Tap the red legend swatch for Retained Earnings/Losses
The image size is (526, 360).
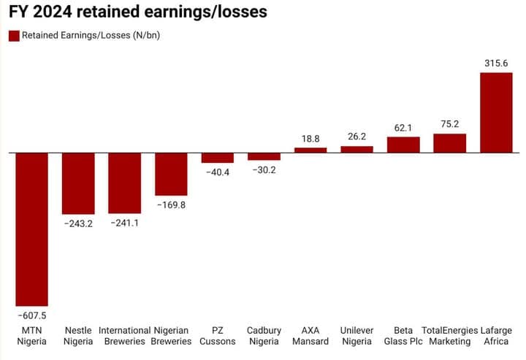pyautogui.click(x=14, y=36)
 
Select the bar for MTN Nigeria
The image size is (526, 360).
pyautogui.click(x=31, y=229)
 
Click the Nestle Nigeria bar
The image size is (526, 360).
pyautogui.click(x=78, y=183)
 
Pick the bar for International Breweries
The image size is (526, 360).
pyautogui.click(x=124, y=183)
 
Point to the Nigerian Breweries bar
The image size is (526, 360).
pyautogui.click(x=171, y=174)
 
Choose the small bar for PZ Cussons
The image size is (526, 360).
pyautogui.click(x=218, y=158)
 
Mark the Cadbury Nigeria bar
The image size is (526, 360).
pyautogui.click(x=264, y=156)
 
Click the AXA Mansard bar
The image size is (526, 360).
pyautogui.click(x=310, y=150)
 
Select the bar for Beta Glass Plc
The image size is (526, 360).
pyautogui.click(x=403, y=145)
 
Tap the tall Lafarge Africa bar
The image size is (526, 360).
pyautogui.click(x=496, y=112)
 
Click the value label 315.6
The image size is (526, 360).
pyautogui.click(x=496, y=64)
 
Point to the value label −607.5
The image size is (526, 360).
pyautogui.click(x=31, y=315)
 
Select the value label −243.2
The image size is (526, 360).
pyautogui.click(x=78, y=223)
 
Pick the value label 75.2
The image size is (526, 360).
pyautogui.click(x=449, y=123)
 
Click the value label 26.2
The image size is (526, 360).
pyautogui.click(x=357, y=136)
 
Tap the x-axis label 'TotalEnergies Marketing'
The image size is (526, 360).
pyautogui.click(x=449, y=335)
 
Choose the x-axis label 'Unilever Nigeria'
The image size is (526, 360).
pyautogui.click(x=357, y=335)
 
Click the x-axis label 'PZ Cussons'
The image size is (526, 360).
pyautogui.click(x=218, y=335)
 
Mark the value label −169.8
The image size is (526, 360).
pyautogui.click(x=171, y=205)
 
